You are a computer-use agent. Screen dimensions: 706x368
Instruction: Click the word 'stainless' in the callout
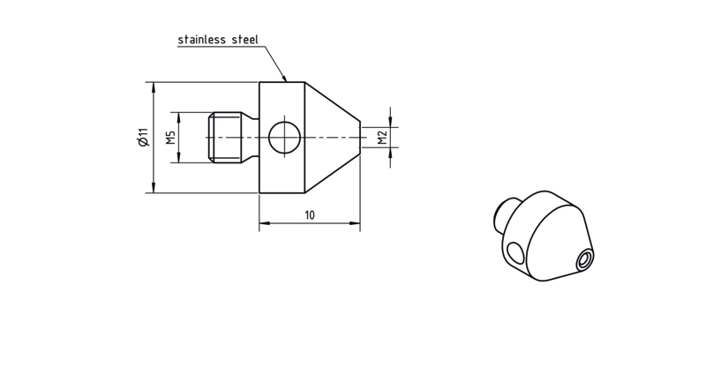(202, 40)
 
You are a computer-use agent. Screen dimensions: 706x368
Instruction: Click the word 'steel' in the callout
(245, 40)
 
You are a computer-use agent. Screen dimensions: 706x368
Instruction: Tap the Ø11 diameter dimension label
(143, 138)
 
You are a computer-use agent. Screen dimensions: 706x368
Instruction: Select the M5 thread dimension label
(170, 138)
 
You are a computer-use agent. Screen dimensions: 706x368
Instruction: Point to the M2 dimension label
(382, 138)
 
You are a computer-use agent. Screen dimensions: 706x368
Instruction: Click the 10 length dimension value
(310, 215)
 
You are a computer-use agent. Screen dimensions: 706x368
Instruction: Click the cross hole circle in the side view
(284, 138)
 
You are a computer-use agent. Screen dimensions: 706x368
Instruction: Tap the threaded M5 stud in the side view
(233, 138)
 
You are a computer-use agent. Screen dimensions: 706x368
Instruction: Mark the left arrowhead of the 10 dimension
(264, 223)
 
